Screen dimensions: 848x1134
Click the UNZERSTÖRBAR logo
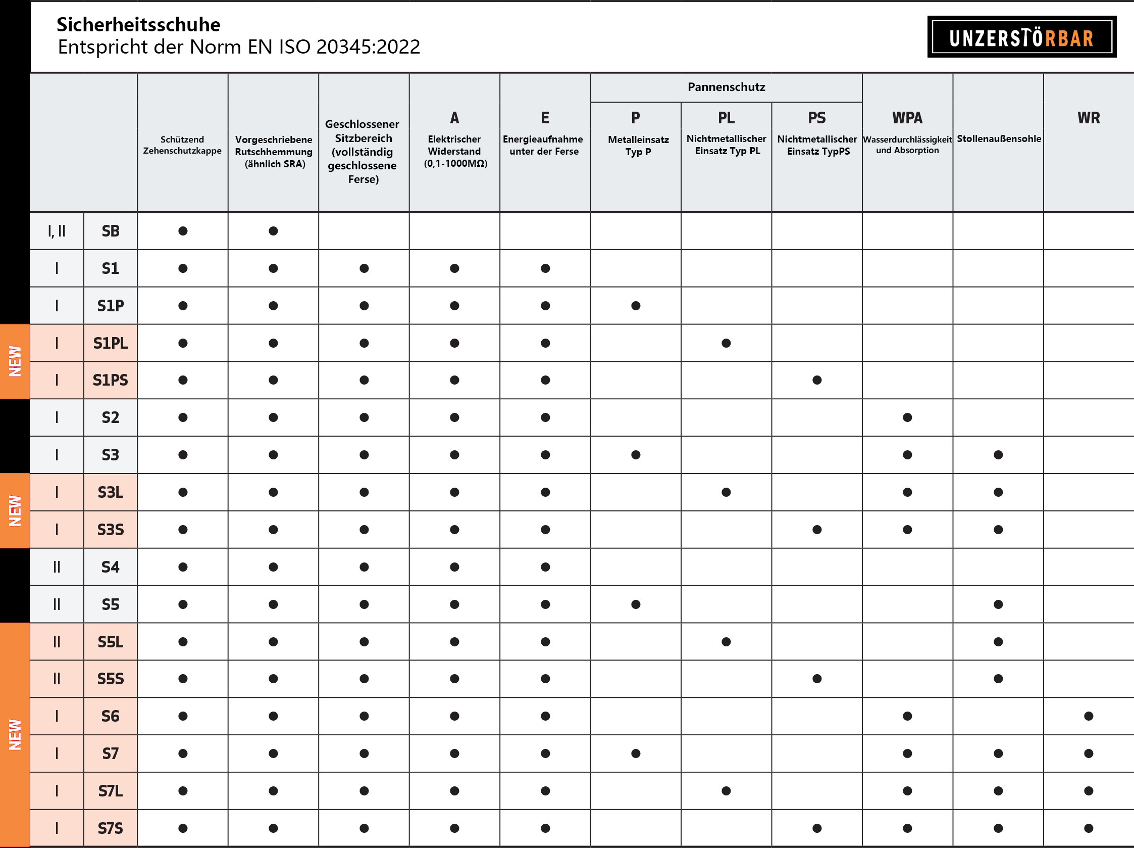pyautogui.click(x=1021, y=37)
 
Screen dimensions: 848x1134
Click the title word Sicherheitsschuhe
pyautogui.click(x=138, y=25)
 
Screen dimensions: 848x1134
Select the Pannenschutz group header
pyautogui.click(x=726, y=87)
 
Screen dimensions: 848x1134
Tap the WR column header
pyautogui.click(x=1089, y=118)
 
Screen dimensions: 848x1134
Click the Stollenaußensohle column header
pyautogui.click(x=999, y=138)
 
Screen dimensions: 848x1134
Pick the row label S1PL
pyautogui.click(x=110, y=343)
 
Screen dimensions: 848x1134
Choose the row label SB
pyautogui.click(x=110, y=231)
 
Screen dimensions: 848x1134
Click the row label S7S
pyautogui.click(x=110, y=828)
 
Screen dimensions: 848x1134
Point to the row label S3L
pyautogui.click(x=110, y=492)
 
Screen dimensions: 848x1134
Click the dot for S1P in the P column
pyautogui.click(x=636, y=306)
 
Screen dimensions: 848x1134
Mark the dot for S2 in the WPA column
pyautogui.click(x=907, y=417)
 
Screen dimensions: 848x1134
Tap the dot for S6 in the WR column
pyautogui.click(x=1089, y=716)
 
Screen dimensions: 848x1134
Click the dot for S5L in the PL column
pyautogui.click(x=726, y=642)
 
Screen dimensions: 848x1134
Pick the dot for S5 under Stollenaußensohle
pyautogui.click(x=998, y=604)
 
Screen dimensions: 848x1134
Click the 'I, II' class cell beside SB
pyautogui.click(x=57, y=231)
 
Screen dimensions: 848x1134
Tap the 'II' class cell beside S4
pyautogui.click(x=57, y=567)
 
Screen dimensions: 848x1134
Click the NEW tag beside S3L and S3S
pyautogui.click(x=15, y=510)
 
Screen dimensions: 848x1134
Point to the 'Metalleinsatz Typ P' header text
pyautogui.click(x=638, y=146)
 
